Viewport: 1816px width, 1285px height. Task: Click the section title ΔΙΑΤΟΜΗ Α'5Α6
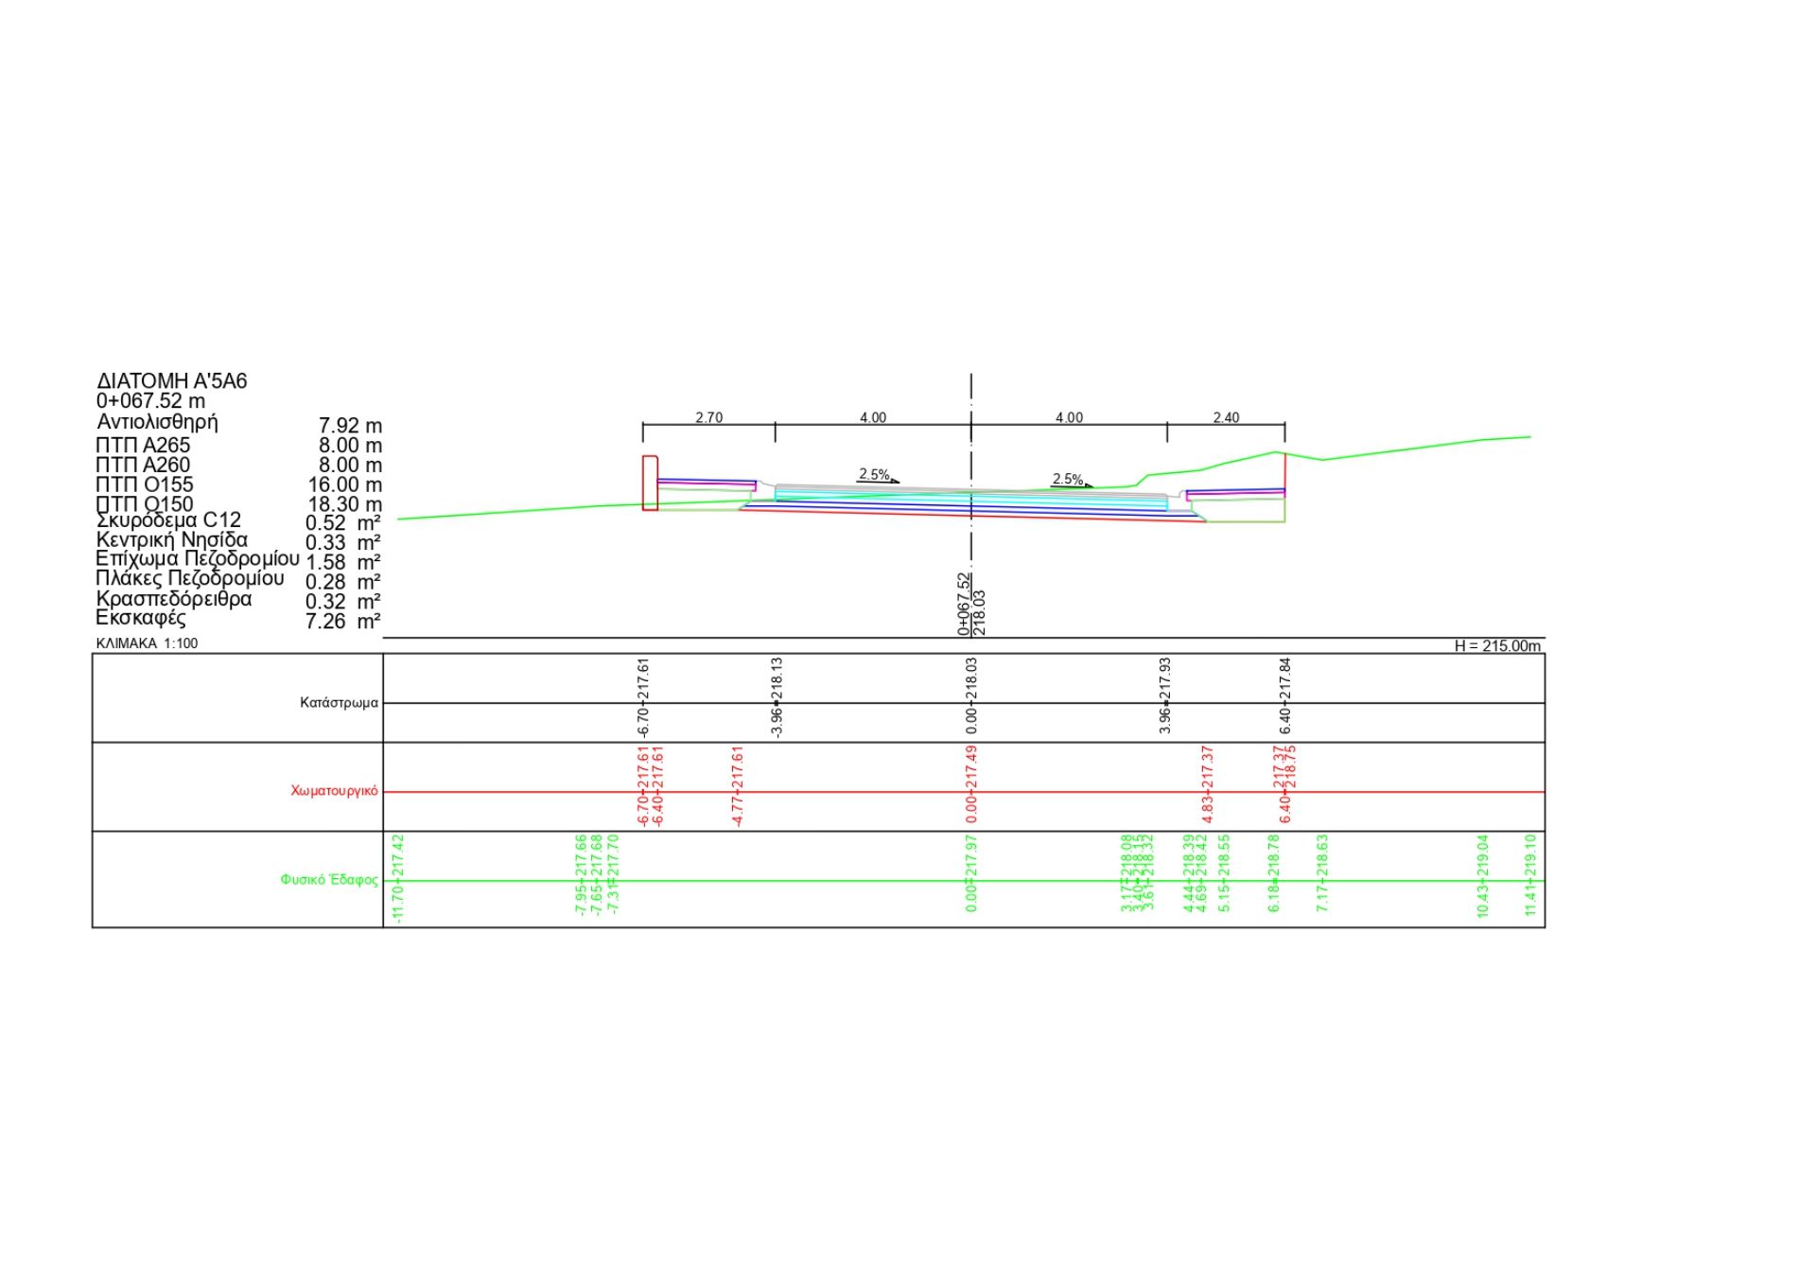point(171,381)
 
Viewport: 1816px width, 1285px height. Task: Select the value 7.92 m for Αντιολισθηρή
point(350,426)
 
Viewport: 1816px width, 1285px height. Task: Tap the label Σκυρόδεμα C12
point(168,520)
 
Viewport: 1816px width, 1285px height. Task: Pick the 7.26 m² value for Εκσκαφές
point(342,622)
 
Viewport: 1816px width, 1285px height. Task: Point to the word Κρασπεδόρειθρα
point(174,599)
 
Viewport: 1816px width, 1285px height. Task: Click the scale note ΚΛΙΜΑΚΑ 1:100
point(147,643)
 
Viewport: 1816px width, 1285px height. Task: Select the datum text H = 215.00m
point(1496,646)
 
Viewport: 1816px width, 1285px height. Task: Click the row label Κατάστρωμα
point(339,703)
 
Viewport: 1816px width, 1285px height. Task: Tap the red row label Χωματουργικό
point(334,791)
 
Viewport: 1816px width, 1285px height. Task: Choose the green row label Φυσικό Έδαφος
point(328,880)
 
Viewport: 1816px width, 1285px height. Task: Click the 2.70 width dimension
point(708,417)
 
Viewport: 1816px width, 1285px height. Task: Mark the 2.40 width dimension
point(1226,417)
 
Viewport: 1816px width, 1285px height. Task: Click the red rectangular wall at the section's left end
point(650,484)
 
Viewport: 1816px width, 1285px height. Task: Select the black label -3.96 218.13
point(777,697)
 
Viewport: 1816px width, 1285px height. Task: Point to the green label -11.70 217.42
point(398,878)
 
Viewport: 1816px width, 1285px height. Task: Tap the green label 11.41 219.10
point(1530,875)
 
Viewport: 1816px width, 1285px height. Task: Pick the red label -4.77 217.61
point(738,786)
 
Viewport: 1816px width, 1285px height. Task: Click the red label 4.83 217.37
point(1207,784)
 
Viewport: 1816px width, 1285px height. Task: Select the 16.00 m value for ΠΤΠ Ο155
point(344,485)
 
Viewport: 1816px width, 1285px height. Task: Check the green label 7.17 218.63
point(1322,873)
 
